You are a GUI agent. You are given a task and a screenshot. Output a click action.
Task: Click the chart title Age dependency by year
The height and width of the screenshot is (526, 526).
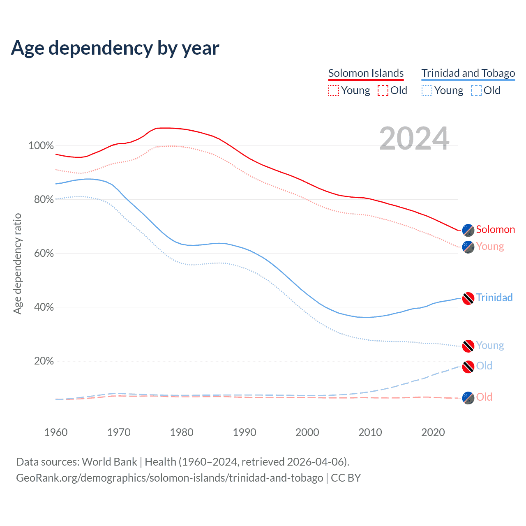click(115, 48)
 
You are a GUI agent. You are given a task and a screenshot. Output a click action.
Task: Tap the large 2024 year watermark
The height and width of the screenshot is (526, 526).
click(414, 138)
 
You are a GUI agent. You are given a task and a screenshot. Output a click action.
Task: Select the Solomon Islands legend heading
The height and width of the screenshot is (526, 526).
click(366, 73)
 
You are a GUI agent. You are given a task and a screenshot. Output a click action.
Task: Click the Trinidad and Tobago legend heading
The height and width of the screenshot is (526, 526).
click(468, 73)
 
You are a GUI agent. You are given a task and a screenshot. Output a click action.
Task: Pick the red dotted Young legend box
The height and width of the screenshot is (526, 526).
click(334, 90)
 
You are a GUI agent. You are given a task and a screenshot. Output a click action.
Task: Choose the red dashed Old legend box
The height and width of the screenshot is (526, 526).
click(383, 90)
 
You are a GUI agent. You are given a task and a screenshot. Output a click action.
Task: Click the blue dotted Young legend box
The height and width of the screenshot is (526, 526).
click(427, 90)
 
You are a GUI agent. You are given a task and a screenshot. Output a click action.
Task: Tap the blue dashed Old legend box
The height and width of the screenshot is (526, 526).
click(476, 90)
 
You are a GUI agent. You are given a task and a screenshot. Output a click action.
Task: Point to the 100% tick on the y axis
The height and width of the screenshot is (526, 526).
click(41, 146)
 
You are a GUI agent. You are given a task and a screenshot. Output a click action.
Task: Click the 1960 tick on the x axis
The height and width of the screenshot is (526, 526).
click(56, 432)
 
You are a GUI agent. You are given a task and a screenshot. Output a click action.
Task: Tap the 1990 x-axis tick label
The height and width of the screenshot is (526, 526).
click(245, 432)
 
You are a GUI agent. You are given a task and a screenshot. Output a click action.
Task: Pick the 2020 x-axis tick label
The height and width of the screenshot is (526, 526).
click(433, 432)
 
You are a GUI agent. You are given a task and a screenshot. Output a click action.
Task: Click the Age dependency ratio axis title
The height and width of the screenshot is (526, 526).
click(17, 263)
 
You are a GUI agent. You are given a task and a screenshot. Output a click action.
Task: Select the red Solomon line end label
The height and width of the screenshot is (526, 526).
click(495, 229)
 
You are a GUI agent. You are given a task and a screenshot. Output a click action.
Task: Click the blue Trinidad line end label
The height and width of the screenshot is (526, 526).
click(494, 298)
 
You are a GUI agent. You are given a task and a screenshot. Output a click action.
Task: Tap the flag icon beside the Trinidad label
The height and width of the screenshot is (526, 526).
click(468, 298)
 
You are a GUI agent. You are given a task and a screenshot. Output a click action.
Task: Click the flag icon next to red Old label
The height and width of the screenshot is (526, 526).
click(468, 398)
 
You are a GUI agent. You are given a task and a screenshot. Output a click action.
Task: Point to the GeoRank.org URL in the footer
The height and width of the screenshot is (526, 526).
click(169, 478)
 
